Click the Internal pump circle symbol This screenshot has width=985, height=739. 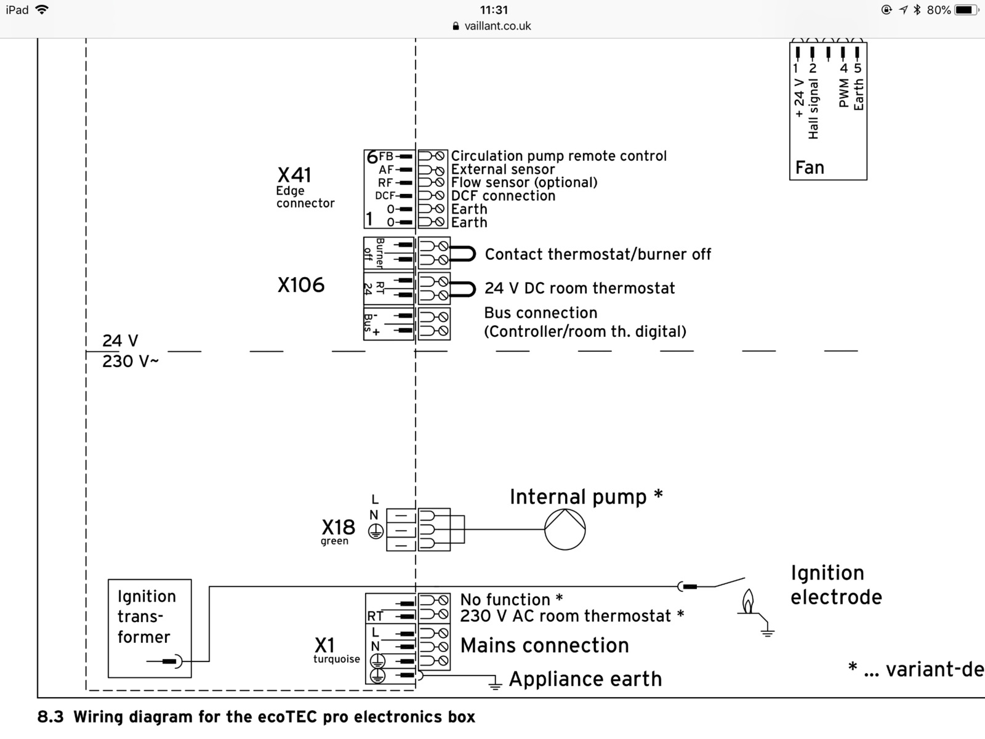[x=565, y=530]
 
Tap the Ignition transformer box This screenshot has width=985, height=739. [x=150, y=628]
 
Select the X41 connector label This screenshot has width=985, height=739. [x=294, y=175]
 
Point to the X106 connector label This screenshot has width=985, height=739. [x=300, y=285]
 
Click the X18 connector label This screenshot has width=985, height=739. [x=338, y=527]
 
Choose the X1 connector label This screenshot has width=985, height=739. [x=324, y=645]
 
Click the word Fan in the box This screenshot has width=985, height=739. [x=810, y=168]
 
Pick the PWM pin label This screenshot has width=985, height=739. [x=843, y=92]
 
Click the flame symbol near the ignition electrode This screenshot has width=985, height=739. [x=748, y=602]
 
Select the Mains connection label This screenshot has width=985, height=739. [x=545, y=645]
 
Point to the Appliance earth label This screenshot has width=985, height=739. [x=585, y=679]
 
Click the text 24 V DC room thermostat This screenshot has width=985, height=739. [x=579, y=288]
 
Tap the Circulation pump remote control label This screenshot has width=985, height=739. [x=558, y=156]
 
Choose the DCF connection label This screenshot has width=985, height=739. [x=503, y=196]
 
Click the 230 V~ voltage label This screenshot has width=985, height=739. [x=130, y=361]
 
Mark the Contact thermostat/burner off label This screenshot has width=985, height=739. [x=598, y=254]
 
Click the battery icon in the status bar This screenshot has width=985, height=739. [x=965, y=10]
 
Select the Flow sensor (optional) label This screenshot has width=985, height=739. [x=524, y=182]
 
